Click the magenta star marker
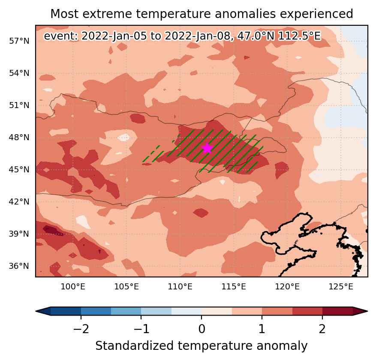[x=208, y=148]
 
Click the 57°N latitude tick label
[x=19, y=41]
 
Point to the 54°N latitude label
[x=19, y=73]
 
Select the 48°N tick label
[x=19, y=138]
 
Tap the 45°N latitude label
[x=19, y=170]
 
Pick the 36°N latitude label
[x=19, y=266]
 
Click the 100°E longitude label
[x=73, y=286]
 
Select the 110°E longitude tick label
[x=180, y=286]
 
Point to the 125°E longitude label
[x=341, y=286]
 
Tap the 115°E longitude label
[x=234, y=286]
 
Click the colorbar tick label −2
[x=81, y=329]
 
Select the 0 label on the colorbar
[x=202, y=329]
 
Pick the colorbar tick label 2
[x=322, y=329]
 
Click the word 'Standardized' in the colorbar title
[x=135, y=346]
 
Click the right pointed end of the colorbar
[x=367, y=311]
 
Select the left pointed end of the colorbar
[x=36, y=311]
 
